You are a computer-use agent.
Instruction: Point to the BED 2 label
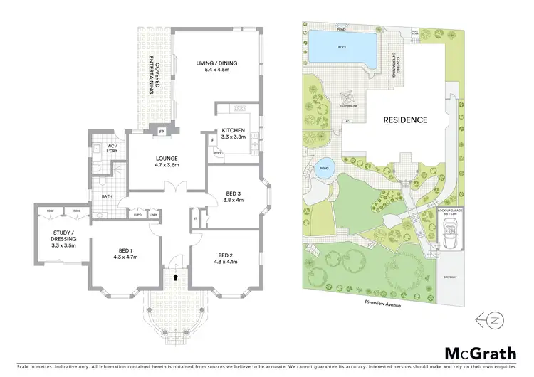pyautogui.click(x=226, y=260)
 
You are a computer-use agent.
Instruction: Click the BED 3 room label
pyautogui.click(x=233, y=195)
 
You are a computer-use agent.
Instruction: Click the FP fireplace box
pyautogui.click(x=162, y=132)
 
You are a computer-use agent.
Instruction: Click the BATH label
pyautogui.click(x=107, y=196)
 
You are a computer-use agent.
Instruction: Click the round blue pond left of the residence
pyautogui.click(x=323, y=168)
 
